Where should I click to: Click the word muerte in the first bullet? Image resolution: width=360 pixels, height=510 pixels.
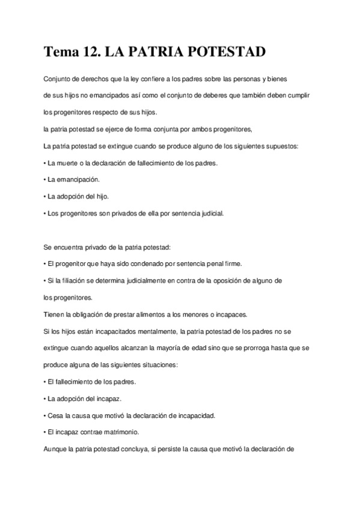68,163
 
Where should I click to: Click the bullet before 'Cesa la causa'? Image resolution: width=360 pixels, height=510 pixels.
46,416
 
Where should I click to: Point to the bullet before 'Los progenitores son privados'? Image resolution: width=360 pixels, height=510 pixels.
46,213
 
